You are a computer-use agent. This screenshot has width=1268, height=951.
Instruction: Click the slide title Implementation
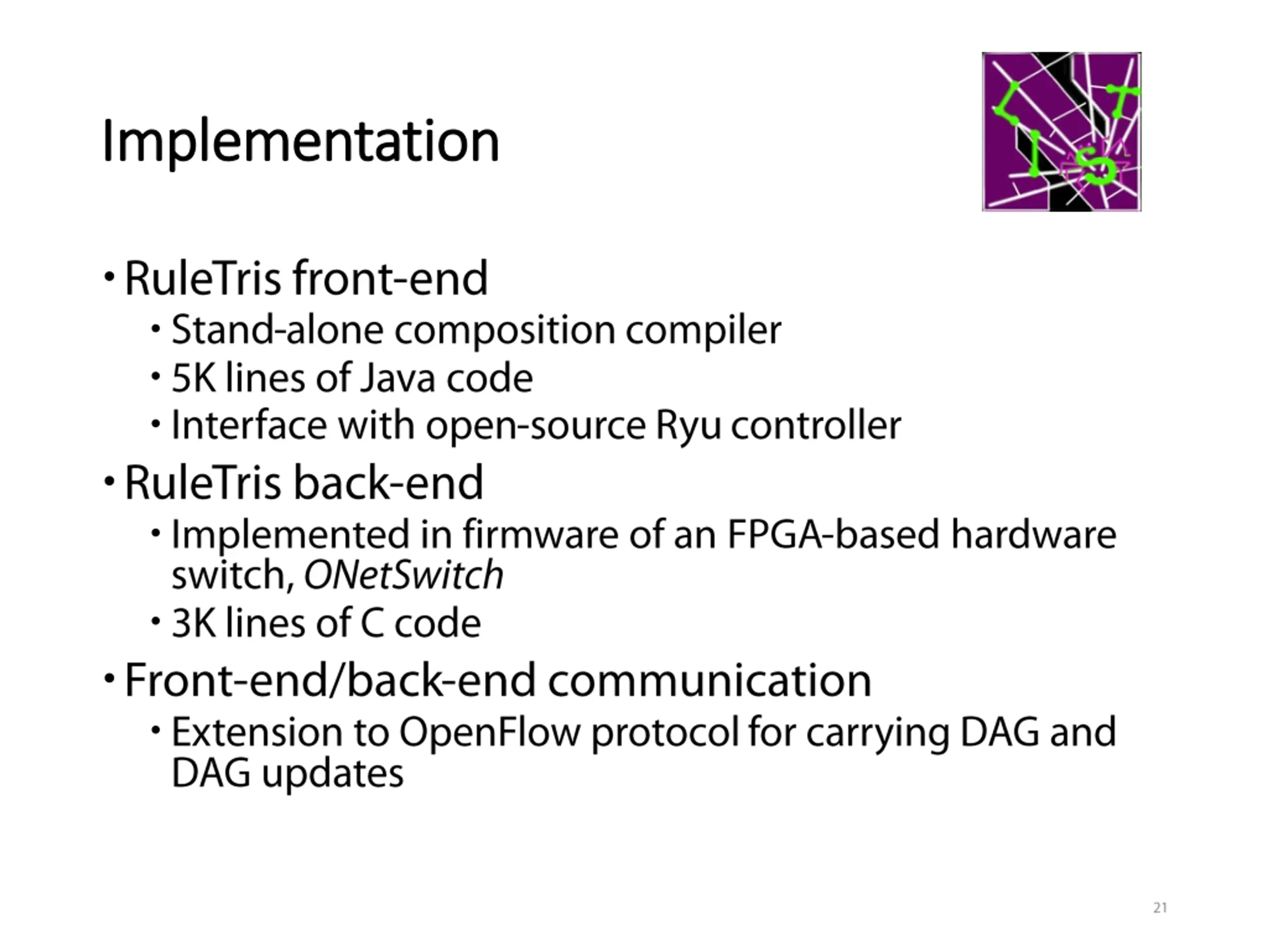click(300, 141)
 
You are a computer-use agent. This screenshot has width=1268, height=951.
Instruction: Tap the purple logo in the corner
click(1061, 132)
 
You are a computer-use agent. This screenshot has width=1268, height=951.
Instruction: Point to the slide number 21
click(1160, 908)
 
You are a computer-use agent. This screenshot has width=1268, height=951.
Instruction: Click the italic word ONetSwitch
click(403, 576)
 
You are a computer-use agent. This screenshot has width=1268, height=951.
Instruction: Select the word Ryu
click(687, 426)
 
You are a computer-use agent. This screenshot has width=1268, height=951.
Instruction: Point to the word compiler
click(703, 331)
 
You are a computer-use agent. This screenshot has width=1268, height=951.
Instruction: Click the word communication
click(710, 681)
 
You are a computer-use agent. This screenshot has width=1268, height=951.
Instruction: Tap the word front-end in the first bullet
click(390, 278)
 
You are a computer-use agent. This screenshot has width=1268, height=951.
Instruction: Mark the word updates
click(332, 774)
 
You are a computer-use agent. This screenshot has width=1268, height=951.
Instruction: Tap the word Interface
click(249, 426)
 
